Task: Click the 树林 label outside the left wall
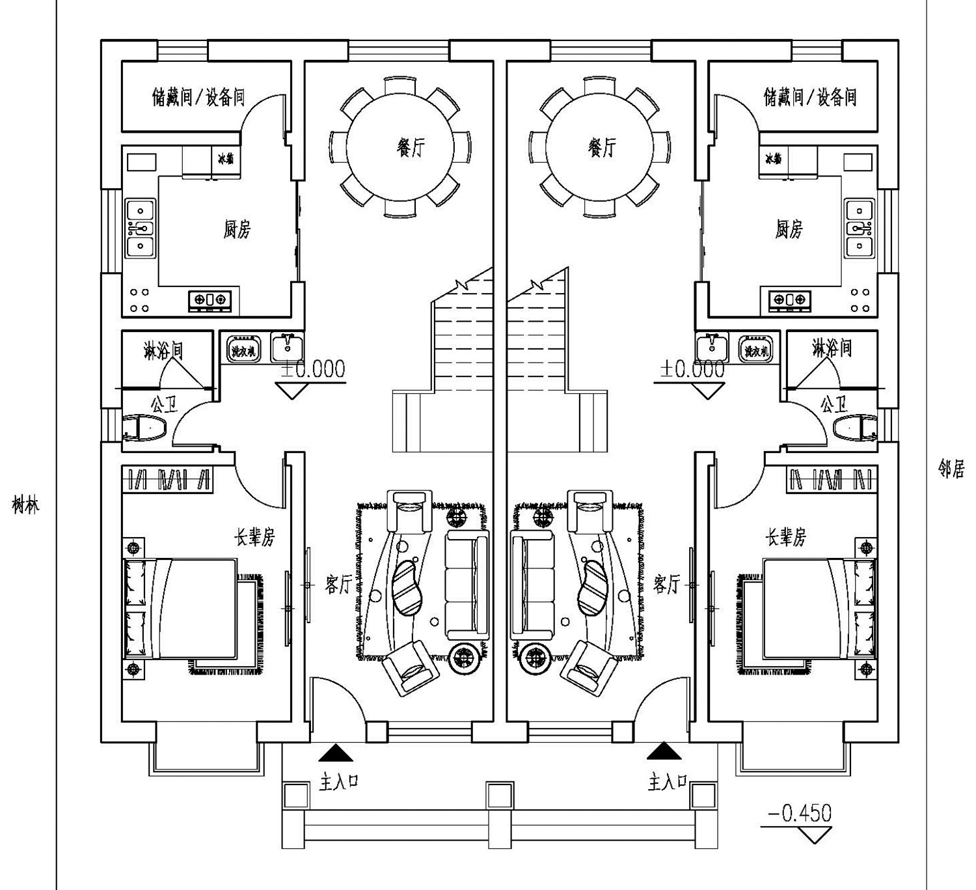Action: coord(25,505)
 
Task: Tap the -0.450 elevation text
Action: coord(799,813)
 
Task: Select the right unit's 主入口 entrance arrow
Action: coord(664,753)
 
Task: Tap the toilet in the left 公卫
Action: coord(144,428)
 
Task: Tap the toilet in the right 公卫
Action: coord(855,428)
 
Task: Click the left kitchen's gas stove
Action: coord(210,300)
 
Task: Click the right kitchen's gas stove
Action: coord(789,300)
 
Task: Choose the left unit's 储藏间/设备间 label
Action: coord(198,98)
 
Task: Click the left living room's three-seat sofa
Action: coord(467,584)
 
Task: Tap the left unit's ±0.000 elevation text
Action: coord(312,369)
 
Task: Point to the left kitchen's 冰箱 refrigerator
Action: coord(226,159)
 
